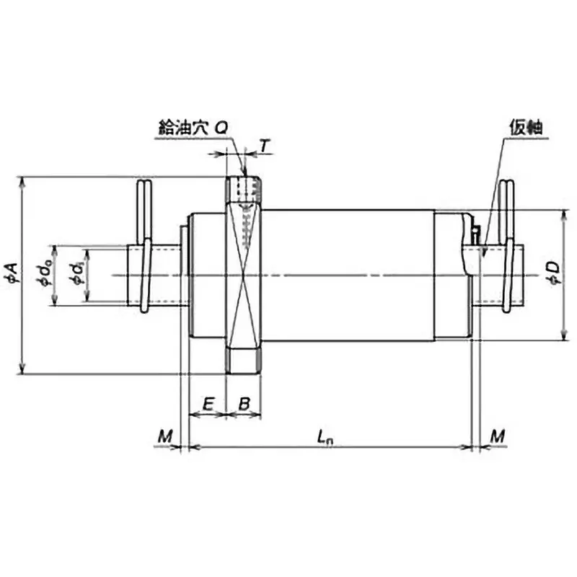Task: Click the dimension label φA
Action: coord(13,275)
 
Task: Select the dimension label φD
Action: coord(552,275)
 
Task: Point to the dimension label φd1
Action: coord(75,275)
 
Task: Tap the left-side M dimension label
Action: coord(165,436)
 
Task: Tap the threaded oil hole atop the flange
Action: coord(245,189)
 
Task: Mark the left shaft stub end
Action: coord(133,275)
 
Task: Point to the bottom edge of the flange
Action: coord(245,373)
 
